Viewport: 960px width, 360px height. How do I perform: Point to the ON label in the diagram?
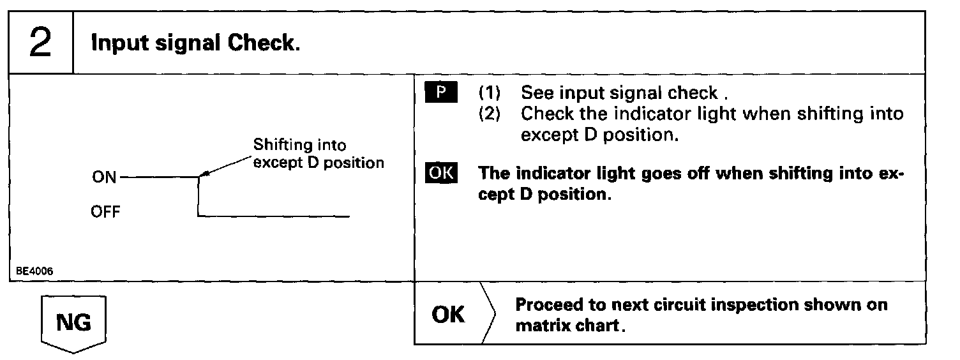(x=104, y=177)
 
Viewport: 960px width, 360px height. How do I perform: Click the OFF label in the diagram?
(x=105, y=212)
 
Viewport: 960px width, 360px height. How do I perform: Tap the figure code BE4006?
(x=35, y=271)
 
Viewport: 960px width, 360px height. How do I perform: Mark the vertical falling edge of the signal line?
(x=199, y=197)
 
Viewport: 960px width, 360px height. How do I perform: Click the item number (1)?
(x=490, y=93)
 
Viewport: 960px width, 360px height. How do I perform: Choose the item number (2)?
(x=490, y=114)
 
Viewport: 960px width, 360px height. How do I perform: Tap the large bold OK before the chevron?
(x=448, y=315)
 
